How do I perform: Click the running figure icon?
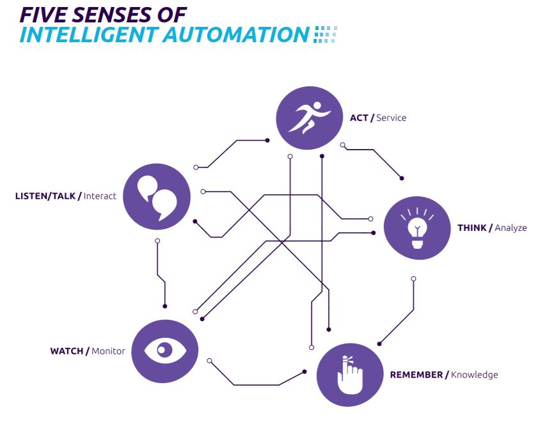pyautogui.click(x=309, y=118)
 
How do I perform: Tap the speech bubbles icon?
pyautogui.click(x=157, y=196)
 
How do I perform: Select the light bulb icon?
pyautogui.click(x=418, y=226)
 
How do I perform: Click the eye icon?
pyautogui.click(x=164, y=351)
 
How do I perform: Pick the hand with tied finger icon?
pyautogui.click(x=349, y=374)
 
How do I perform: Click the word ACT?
pyautogui.click(x=358, y=118)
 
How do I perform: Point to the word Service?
pyautogui.click(x=391, y=118)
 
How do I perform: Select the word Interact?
pyautogui.click(x=100, y=196)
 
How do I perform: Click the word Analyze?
pyautogui.click(x=510, y=228)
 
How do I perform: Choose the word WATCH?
pyautogui.click(x=67, y=351)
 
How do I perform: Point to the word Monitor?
pyautogui.click(x=108, y=351)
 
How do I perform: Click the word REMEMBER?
pyautogui.click(x=416, y=375)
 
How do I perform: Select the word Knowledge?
pyautogui.click(x=474, y=375)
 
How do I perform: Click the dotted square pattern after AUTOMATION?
pyautogui.click(x=325, y=35)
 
